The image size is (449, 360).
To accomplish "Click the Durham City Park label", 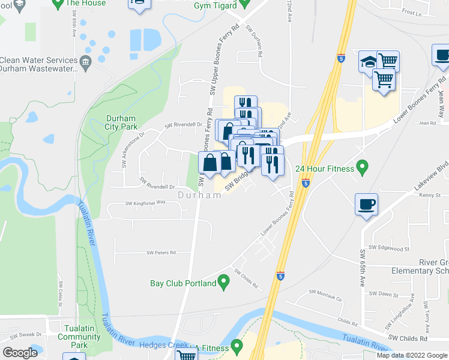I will pos(121,122).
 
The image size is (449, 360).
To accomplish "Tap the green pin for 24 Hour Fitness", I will pos(362,165).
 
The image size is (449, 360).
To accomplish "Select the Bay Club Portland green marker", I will pos(224,280).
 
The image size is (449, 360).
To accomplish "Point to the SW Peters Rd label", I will pos(161,253).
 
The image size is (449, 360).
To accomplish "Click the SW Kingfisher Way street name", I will pos(145,203).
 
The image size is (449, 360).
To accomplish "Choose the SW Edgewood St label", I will pos(389,248).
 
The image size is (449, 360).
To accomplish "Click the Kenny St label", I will pos(430,196).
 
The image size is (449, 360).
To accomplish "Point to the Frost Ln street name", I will pos(412,12).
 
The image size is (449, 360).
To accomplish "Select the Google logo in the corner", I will pos(20,353).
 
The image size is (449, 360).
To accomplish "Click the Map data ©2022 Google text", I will pos(412,355).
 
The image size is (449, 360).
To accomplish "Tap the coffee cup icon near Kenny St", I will pos(366,205).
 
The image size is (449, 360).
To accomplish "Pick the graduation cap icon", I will pos(369,62).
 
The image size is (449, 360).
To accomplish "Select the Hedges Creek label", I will pos(173,346).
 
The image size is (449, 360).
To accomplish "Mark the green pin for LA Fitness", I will pos(237,346).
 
